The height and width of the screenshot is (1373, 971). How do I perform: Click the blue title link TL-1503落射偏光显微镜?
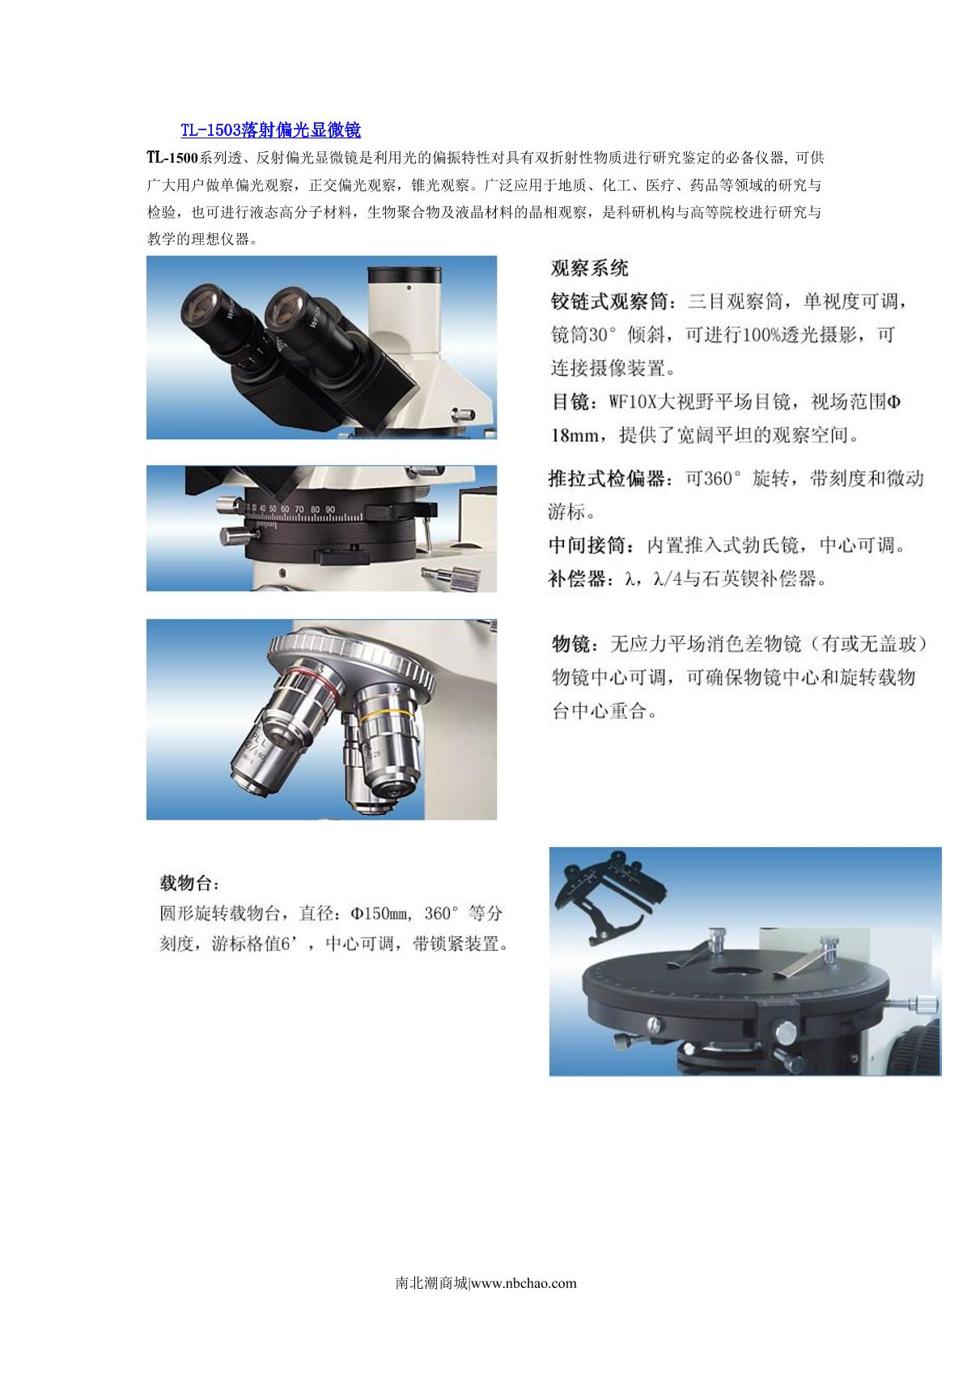(270, 130)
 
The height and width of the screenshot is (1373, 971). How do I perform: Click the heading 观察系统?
(589, 268)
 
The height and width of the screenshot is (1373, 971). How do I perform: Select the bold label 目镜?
(570, 401)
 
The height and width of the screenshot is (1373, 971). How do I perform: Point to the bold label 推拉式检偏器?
(607, 478)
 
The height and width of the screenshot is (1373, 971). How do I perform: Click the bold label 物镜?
(570, 643)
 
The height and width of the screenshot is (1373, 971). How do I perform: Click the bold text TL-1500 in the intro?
(172, 158)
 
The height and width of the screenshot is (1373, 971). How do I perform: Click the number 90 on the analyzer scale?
(330, 510)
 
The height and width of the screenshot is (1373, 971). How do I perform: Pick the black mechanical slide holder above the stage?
(609, 897)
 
